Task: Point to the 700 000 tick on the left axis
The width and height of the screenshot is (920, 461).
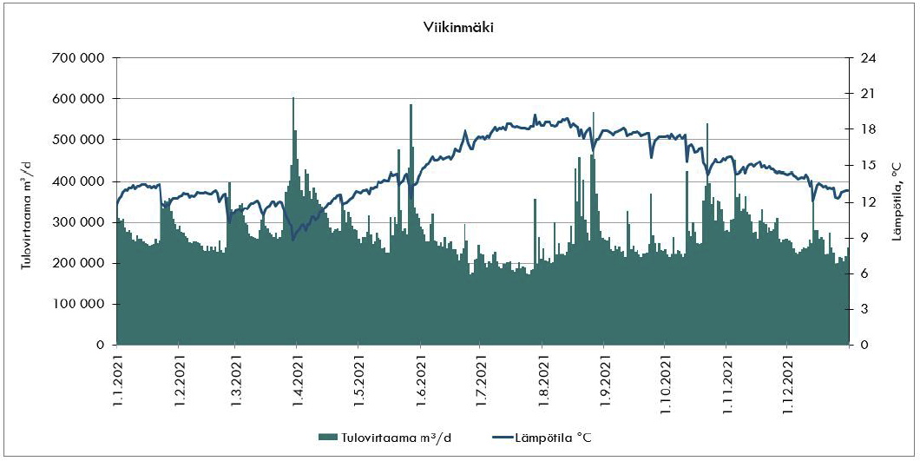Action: pyautogui.click(x=81, y=58)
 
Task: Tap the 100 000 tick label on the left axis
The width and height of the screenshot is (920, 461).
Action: pyautogui.click(x=81, y=304)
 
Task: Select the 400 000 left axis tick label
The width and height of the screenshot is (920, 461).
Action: pyautogui.click(x=81, y=181)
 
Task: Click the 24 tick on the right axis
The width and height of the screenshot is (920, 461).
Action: pyautogui.click(x=866, y=58)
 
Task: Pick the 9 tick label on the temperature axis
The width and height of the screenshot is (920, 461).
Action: pyautogui.click(x=862, y=237)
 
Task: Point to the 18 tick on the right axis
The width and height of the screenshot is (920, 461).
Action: pyautogui.click(x=866, y=129)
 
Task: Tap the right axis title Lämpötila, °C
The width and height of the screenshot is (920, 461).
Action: pyautogui.click(x=898, y=201)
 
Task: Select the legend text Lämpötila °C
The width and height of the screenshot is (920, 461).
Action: pyautogui.click(x=553, y=437)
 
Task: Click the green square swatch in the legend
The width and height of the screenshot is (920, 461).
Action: pyautogui.click(x=325, y=437)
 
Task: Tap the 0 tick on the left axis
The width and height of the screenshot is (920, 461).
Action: pyautogui.click(x=101, y=345)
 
